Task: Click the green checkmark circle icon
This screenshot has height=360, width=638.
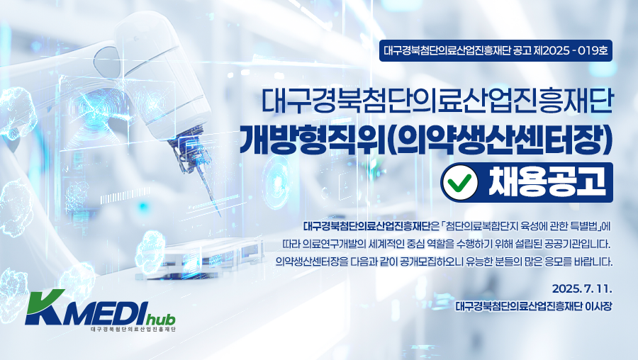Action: (460, 183)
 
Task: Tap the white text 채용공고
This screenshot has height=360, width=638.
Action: (547, 182)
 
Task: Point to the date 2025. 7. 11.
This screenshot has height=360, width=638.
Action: (582, 289)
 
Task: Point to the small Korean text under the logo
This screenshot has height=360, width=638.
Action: (133, 328)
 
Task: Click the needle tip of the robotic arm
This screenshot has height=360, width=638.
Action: (220, 215)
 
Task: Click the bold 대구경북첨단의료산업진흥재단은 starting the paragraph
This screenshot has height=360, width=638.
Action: (370, 226)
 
